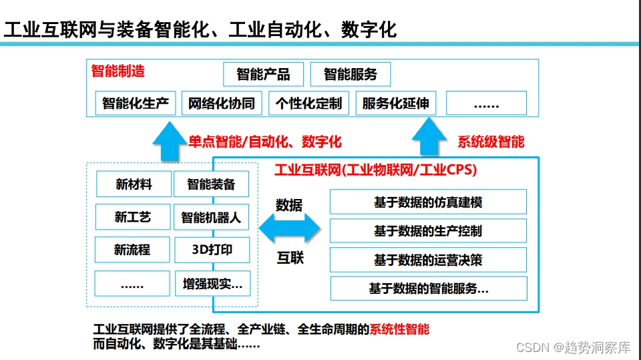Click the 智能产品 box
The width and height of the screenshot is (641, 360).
coord(263,74)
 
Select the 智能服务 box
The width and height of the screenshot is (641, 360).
coord(350,74)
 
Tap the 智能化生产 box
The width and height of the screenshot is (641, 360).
coord(136,104)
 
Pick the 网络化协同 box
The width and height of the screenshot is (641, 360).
coord(222,104)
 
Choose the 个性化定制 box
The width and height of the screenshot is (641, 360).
coord(308,104)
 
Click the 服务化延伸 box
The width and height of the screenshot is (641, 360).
coord(395,104)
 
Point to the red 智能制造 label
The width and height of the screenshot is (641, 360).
coord(118,71)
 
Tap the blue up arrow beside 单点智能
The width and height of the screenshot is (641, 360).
coord(168,141)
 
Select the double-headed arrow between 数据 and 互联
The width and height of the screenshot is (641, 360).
coord(289,230)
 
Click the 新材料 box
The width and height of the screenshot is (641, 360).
coord(134,184)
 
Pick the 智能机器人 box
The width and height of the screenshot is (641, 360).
coord(211,217)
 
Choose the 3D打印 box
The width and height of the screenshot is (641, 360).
coord(212,250)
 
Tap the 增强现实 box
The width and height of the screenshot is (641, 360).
coord(212,283)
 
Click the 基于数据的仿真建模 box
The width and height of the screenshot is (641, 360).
coord(428,202)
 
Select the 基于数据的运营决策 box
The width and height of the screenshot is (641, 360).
coord(428,260)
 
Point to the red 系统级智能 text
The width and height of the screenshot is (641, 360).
coord(491,142)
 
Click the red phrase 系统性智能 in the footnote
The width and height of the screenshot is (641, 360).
coord(399,329)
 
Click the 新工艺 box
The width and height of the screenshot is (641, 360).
coord(133,217)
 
